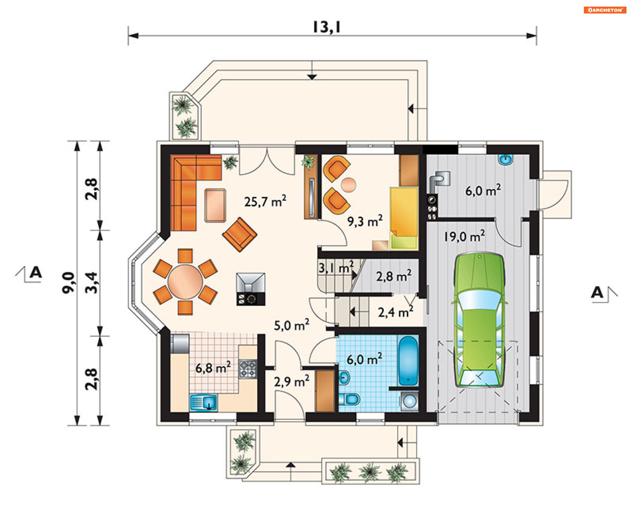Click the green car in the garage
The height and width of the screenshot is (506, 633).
point(479,320)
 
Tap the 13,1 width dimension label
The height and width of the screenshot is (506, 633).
point(326,27)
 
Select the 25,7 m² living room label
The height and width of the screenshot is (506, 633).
point(265,201)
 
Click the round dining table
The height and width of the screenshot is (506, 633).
point(185,282)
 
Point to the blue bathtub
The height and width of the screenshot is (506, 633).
point(408,361)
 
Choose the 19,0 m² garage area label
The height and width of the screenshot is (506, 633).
point(464,236)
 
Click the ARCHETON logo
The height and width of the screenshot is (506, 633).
point(605,10)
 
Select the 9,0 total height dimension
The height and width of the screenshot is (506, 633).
point(68,283)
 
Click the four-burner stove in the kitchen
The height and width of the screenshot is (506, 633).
point(248,369)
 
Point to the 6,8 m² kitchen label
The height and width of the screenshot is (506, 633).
point(213,368)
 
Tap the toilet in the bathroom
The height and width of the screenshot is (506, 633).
point(349,399)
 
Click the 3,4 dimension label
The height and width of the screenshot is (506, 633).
point(91,283)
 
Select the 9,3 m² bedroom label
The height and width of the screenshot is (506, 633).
point(365,221)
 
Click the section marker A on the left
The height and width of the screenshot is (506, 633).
point(36,273)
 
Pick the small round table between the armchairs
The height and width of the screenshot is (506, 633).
point(348,185)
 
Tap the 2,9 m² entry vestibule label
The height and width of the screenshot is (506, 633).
point(291,381)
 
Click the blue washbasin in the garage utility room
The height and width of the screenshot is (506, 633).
point(505,159)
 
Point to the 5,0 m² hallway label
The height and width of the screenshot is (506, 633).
point(291,325)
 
